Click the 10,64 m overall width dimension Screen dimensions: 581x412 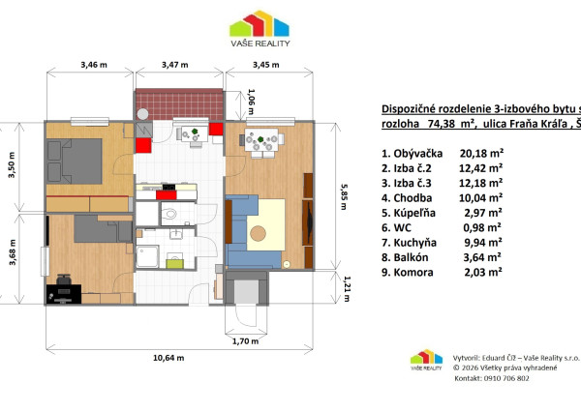[x=168, y=358]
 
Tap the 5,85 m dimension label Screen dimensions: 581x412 [x=344, y=197]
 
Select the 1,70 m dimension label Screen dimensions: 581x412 [x=245, y=341]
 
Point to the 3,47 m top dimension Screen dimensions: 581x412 [x=175, y=65]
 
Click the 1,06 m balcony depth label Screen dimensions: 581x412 [x=252, y=102]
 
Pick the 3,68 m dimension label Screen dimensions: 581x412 [x=13, y=252]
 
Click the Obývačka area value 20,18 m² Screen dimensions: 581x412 [x=481, y=153]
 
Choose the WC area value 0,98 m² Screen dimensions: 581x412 [x=482, y=227]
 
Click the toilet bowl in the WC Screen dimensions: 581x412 [x=169, y=214]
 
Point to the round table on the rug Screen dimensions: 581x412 [x=258, y=234]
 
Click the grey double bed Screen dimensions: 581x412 [x=75, y=161]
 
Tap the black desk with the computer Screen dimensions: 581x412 [x=64, y=294]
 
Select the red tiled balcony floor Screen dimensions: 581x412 [x=180, y=104]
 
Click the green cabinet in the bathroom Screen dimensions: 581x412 [x=174, y=264]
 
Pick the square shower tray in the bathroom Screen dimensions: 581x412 [x=147, y=256]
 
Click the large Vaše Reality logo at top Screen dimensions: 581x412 [x=260, y=28]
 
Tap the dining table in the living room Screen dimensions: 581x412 [x=261, y=139]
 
